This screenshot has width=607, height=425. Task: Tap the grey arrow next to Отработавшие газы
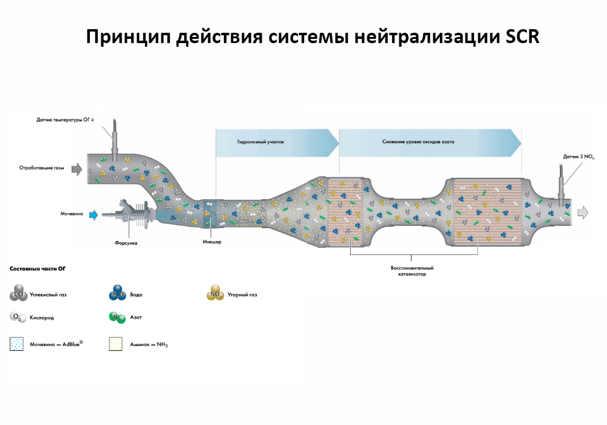pyautogui.click(x=77, y=169)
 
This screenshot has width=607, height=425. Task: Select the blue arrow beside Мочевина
pyautogui.click(x=93, y=214)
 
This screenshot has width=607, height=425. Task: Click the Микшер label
pyautogui.click(x=211, y=242)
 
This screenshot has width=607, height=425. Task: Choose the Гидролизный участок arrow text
pyautogui.click(x=260, y=141)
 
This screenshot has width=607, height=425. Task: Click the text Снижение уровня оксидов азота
pyautogui.click(x=418, y=141)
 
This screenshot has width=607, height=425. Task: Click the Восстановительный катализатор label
pyautogui.click(x=412, y=271)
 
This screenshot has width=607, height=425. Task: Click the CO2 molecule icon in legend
pyautogui.click(x=18, y=295)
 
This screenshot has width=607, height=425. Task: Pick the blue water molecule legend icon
pyautogui.click(x=117, y=295)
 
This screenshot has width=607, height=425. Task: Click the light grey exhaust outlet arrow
pyautogui.click(x=583, y=212)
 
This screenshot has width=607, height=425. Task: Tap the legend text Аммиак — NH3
pyautogui.click(x=148, y=345)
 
